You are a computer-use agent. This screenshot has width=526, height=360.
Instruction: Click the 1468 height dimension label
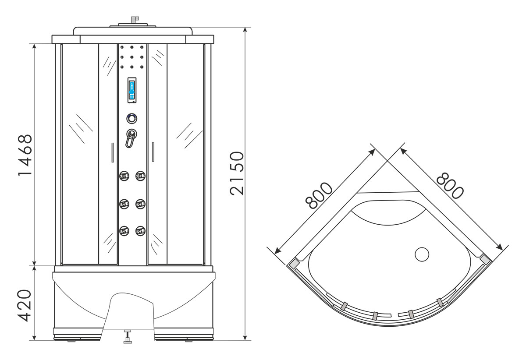tap(25, 155)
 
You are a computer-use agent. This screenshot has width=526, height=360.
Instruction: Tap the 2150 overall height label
tap(237, 174)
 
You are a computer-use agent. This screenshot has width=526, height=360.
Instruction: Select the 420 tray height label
tap(25, 306)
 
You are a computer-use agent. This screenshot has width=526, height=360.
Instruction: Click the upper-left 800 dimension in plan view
tap(319, 196)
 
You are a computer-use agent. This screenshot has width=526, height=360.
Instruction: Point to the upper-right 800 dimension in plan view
tap(450, 186)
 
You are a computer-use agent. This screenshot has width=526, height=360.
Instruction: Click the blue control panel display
tap(132, 90)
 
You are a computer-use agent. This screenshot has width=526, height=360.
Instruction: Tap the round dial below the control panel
tap(132, 119)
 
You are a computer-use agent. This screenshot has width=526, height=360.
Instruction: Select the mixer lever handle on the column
tap(131, 138)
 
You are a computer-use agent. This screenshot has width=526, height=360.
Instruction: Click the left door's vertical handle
tap(113, 152)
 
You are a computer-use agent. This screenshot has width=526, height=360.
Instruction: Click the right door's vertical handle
tap(153, 152)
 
